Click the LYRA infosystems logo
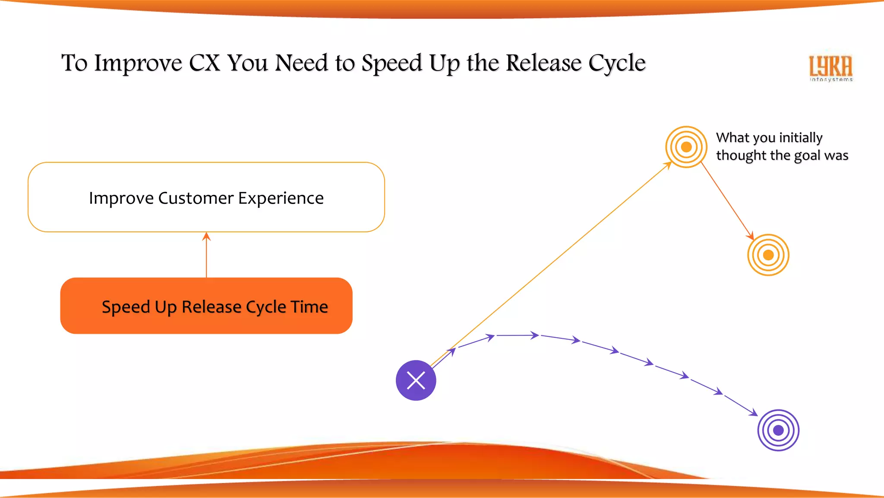click(831, 68)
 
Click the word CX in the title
click(205, 63)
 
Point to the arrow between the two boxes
click(206, 255)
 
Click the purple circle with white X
click(416, 380)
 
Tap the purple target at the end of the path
click(778, 430)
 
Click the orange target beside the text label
click(686, 147)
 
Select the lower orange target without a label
click(768, 255)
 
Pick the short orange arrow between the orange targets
click(727, 201)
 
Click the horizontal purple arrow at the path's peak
click(517, 335)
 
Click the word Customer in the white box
click(196, 198)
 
